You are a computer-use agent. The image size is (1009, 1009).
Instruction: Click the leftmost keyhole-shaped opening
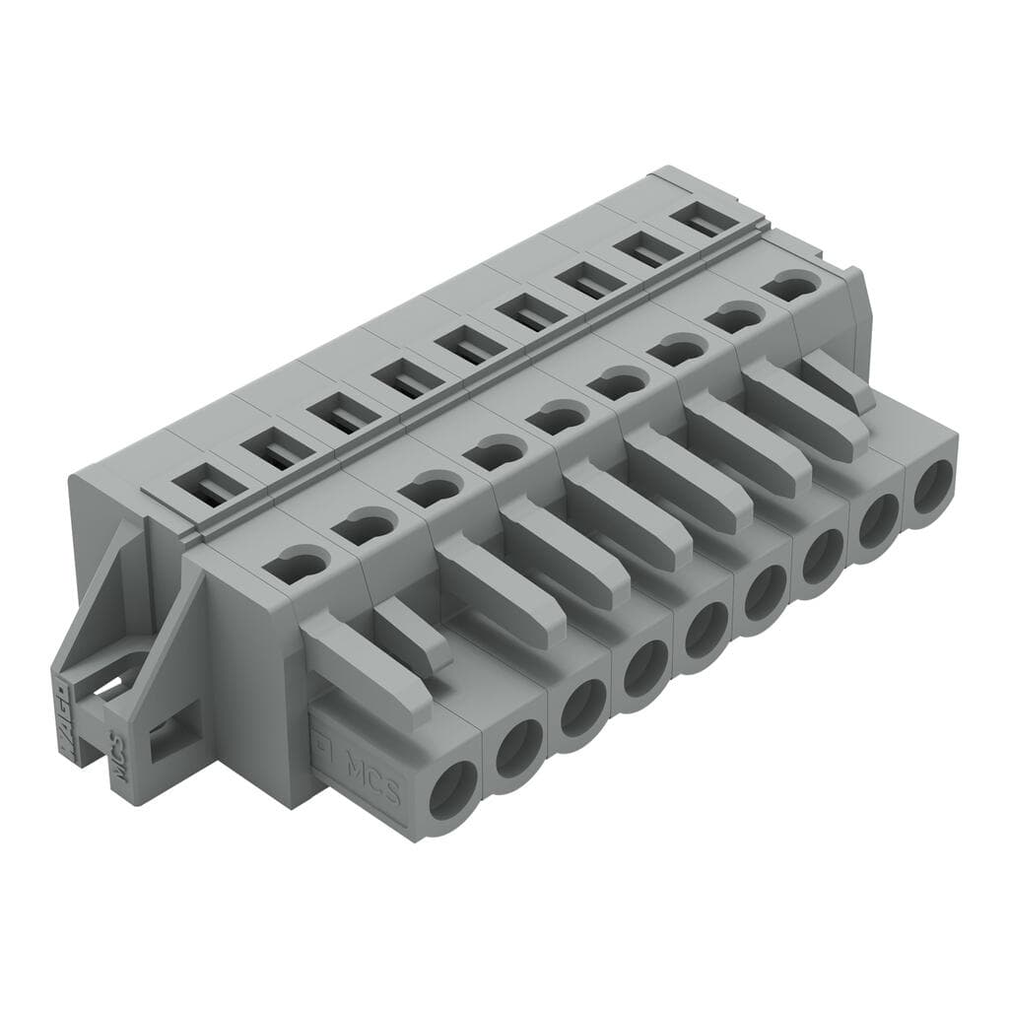click(x=296, y=565)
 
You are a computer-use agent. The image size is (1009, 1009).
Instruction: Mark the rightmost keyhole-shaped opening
click(x=792, y=286)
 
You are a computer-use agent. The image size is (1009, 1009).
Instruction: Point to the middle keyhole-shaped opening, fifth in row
click(x=557, y=418)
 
